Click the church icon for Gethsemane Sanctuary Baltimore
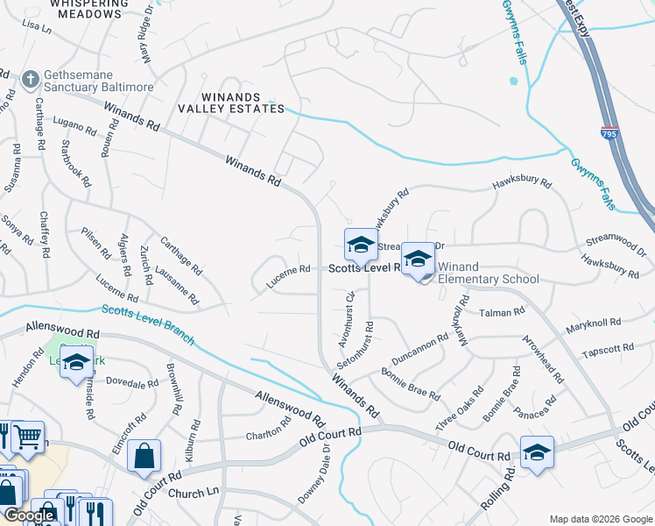(29, 80)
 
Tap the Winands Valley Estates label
(231, 102)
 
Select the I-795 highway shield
(609, 133)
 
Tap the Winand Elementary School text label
(487, 273)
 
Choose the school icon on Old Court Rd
(536, 452)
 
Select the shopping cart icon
(28, 435)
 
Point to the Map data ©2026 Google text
(600, 519)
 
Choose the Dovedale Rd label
(131, 383)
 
